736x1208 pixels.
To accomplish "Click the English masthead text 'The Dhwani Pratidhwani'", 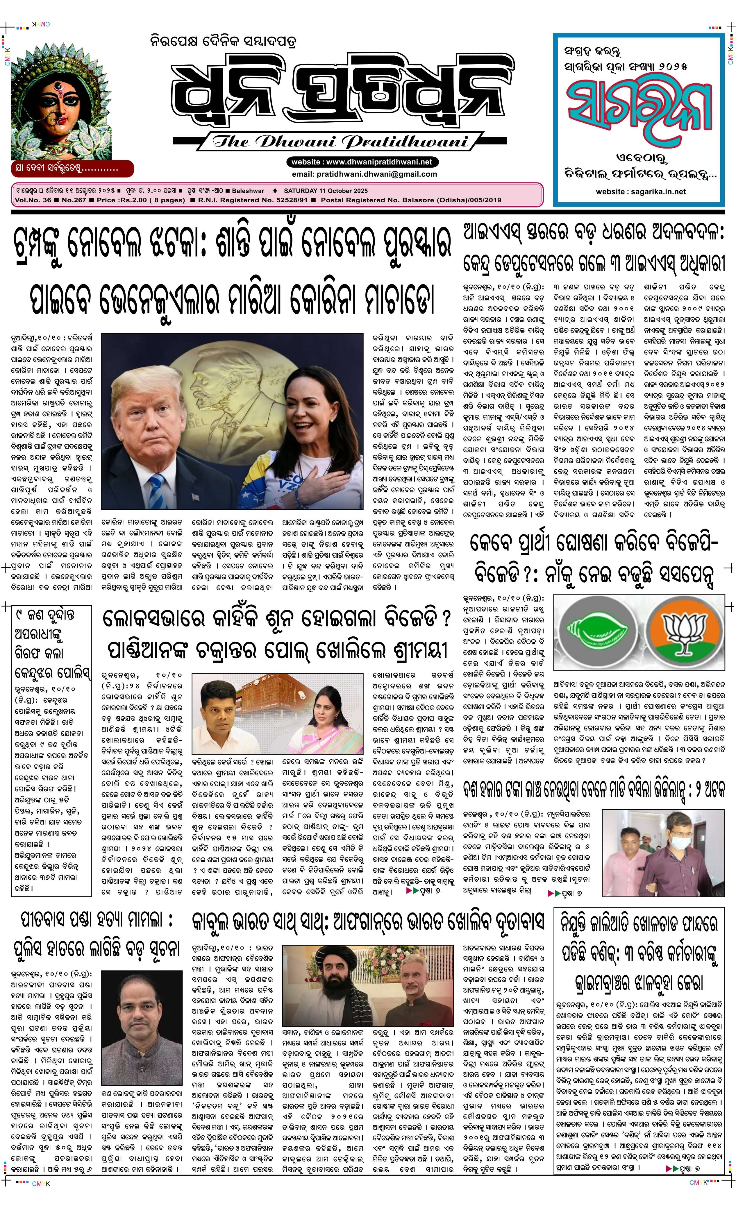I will click(338, 142).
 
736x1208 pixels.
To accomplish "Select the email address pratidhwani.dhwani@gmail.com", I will click(364, 174).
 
